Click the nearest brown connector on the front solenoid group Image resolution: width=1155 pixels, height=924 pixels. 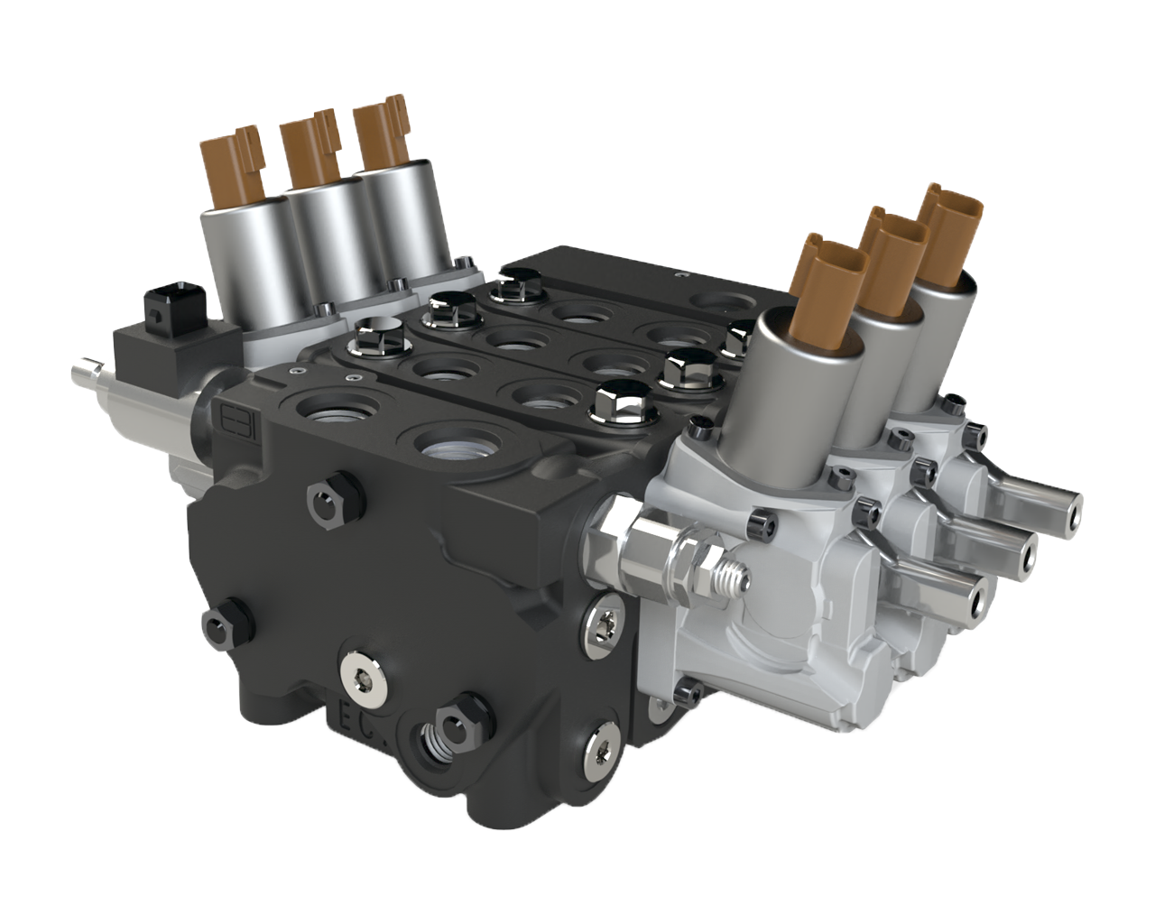point(830,284)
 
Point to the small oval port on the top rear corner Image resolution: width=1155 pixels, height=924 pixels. point(723,300)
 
